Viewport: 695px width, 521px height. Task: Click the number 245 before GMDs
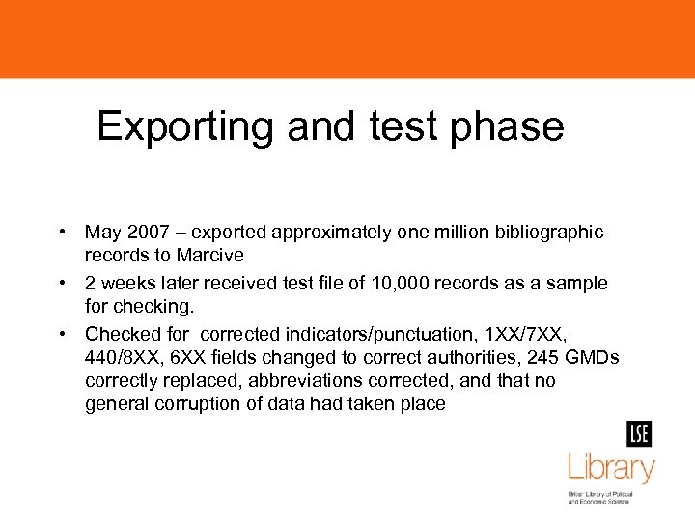pyautogui.click(x=544, y=358)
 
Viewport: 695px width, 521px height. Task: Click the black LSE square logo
pyautogui.click(x=638, y=434)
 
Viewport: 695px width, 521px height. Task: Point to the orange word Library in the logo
pyautogui.click(x=610, y=469)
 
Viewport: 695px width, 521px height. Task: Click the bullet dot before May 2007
pyautogui.click(x=61, y=233)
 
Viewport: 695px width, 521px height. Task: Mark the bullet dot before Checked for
pyautogui.click(x=61, y=334)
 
